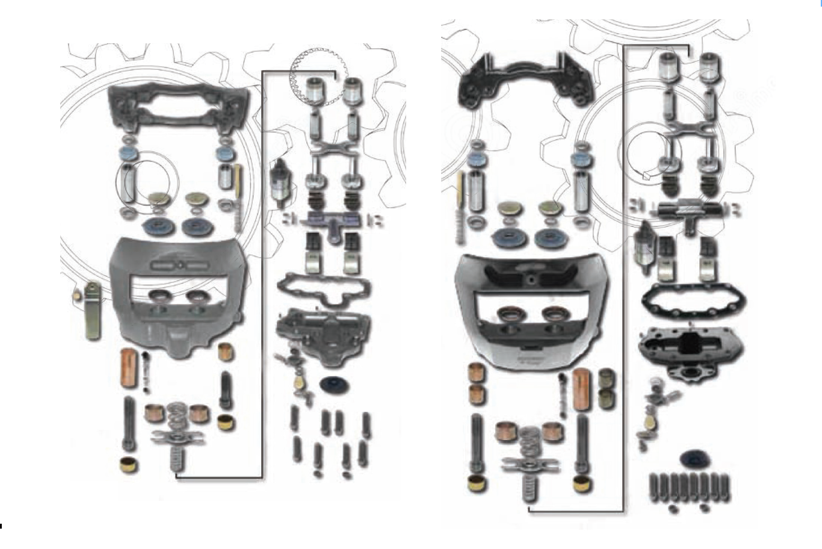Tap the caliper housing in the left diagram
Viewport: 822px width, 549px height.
pos(175,295)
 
